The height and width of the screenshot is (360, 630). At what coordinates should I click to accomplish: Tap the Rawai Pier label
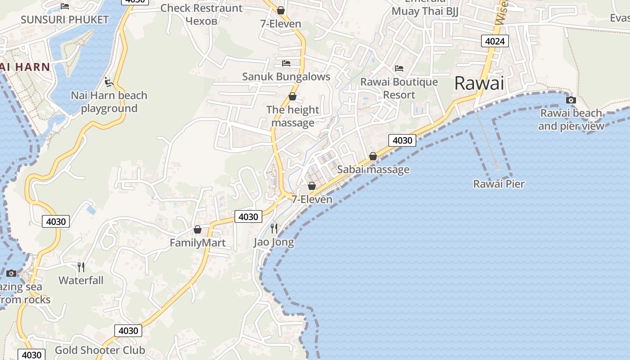(x=499, y=184)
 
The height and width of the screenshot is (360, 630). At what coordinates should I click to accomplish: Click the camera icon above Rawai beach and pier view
(x=571, y=100)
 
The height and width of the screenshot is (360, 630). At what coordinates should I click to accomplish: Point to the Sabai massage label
(x=373, y=170)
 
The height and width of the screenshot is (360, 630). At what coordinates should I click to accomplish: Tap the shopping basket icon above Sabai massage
(x=373, y=156)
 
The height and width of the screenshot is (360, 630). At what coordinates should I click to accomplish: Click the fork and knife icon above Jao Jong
(x=274, y=229)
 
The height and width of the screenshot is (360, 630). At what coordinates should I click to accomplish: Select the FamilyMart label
(x=198, y=243)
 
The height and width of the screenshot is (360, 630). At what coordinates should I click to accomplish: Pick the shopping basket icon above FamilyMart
(x=197, y=229)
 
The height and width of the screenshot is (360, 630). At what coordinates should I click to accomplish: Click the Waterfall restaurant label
(x=81, y=280)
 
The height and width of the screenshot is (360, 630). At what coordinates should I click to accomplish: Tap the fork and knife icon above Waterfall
(x=81, y=267)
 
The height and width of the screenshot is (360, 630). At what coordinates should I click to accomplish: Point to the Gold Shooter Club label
(x=100, y=350)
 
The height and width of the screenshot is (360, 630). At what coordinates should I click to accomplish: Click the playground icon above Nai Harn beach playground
(x=108, y=82)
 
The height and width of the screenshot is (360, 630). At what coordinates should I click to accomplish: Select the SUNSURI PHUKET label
(x=65, y=19)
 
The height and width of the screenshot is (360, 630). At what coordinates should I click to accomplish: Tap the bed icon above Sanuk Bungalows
(x=286, y=63)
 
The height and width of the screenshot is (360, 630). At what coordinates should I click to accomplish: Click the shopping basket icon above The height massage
(x=292, y=96)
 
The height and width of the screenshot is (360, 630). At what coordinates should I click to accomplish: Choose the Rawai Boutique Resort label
(x=399, y=88)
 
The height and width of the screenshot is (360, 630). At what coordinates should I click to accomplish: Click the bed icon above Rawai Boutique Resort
(x=399, y=68)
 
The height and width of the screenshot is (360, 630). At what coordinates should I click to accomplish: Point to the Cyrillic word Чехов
(x=202, y=21)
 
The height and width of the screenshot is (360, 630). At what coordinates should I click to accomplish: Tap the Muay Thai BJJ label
(x=425, y=11)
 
